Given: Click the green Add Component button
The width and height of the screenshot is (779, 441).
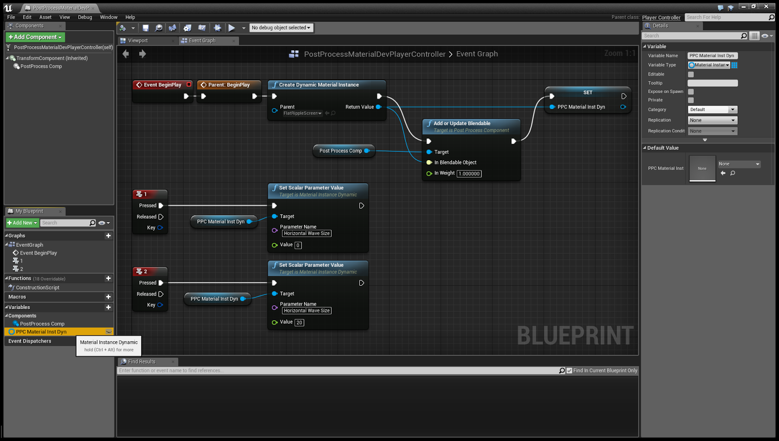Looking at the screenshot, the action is (35, 37).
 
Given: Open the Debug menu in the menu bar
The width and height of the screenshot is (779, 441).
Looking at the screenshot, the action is (85, 17).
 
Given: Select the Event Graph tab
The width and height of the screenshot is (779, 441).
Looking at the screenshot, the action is (202, 41).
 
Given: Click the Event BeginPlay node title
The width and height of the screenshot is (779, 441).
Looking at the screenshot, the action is (162, 85).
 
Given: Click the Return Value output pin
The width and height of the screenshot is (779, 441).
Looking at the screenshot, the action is (378, 107).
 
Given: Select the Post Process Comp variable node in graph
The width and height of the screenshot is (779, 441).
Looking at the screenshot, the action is (341, 151).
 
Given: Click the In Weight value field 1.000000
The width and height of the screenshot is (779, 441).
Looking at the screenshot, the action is (469, 174).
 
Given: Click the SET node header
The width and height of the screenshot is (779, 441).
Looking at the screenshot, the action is (588, 92).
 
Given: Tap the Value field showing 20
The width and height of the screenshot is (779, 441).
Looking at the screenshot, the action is (299, 323).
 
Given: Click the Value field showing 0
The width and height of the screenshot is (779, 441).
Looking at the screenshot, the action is (298, 245).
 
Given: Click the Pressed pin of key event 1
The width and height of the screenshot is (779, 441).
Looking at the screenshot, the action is (161, 206).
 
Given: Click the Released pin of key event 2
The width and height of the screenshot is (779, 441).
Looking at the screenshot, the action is (161, 294).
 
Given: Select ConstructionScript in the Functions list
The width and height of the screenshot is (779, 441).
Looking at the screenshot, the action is (37, 288).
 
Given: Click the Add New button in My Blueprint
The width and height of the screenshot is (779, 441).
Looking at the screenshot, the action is (22, 223).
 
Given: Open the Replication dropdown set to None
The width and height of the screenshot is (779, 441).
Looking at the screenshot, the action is (712, 120).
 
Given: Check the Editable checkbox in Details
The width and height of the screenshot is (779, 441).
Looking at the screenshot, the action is (691, 74).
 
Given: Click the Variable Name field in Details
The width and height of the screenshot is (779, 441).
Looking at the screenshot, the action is (712, 56).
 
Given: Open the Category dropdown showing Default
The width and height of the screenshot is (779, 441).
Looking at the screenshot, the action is (712, 110).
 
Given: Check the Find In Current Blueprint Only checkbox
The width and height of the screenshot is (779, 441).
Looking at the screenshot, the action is (569, 371).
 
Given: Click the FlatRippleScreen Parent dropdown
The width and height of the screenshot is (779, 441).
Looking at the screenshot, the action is (302, 113).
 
